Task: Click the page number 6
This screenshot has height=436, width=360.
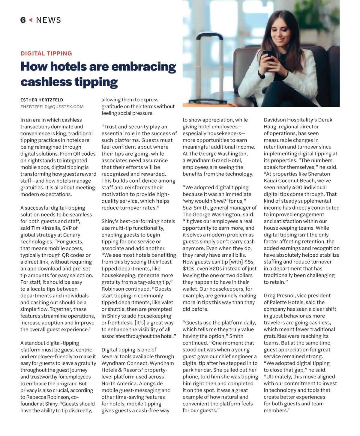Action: (23, 20)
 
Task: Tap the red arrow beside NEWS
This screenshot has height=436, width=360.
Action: (31, 20)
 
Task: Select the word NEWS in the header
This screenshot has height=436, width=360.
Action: (48, 20)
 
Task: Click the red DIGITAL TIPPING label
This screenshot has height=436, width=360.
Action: (46, 53)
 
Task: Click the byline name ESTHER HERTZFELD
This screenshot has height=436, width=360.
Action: (42, 100)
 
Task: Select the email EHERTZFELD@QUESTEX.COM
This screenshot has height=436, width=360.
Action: (52, 107)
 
